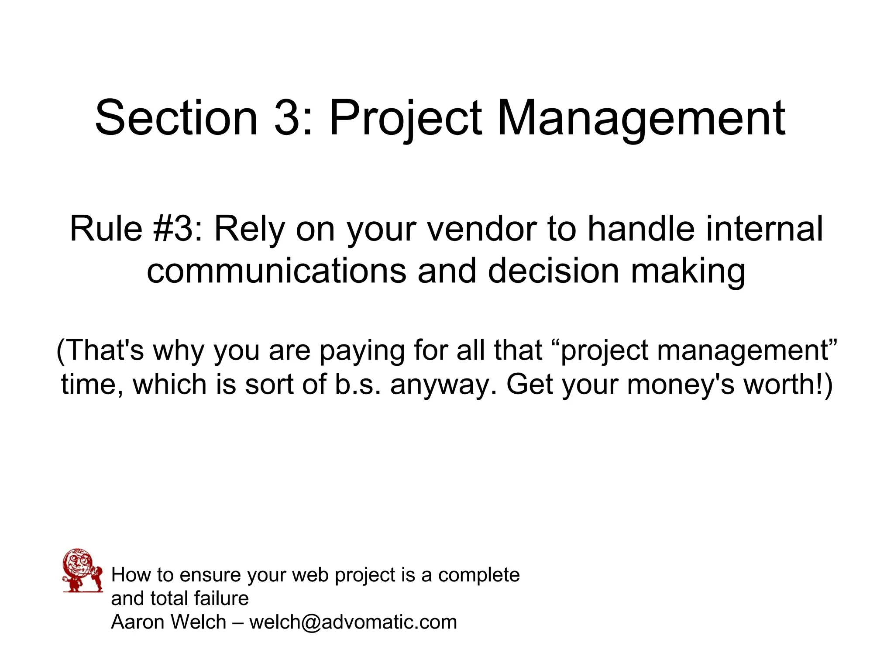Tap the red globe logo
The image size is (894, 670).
point(82,570)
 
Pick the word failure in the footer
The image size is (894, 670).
point(221,598)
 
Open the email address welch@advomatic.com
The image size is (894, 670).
point(353,622)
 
